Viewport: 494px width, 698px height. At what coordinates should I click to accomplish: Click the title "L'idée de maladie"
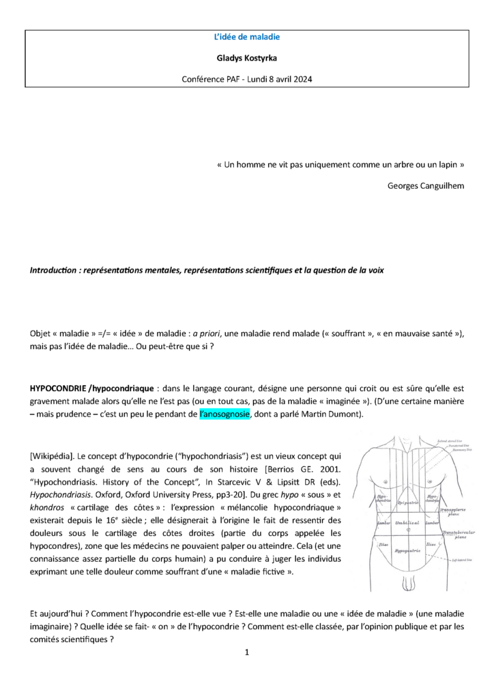(247, 38)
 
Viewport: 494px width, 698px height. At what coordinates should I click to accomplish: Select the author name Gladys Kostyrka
(247, 59)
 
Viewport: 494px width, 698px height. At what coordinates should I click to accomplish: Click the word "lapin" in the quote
(450, 165)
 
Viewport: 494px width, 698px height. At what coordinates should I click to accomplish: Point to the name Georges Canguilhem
(426, 185)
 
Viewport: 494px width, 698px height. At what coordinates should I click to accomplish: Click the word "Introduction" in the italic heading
(52, 270)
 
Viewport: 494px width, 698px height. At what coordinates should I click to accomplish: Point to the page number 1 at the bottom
(247, 652)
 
